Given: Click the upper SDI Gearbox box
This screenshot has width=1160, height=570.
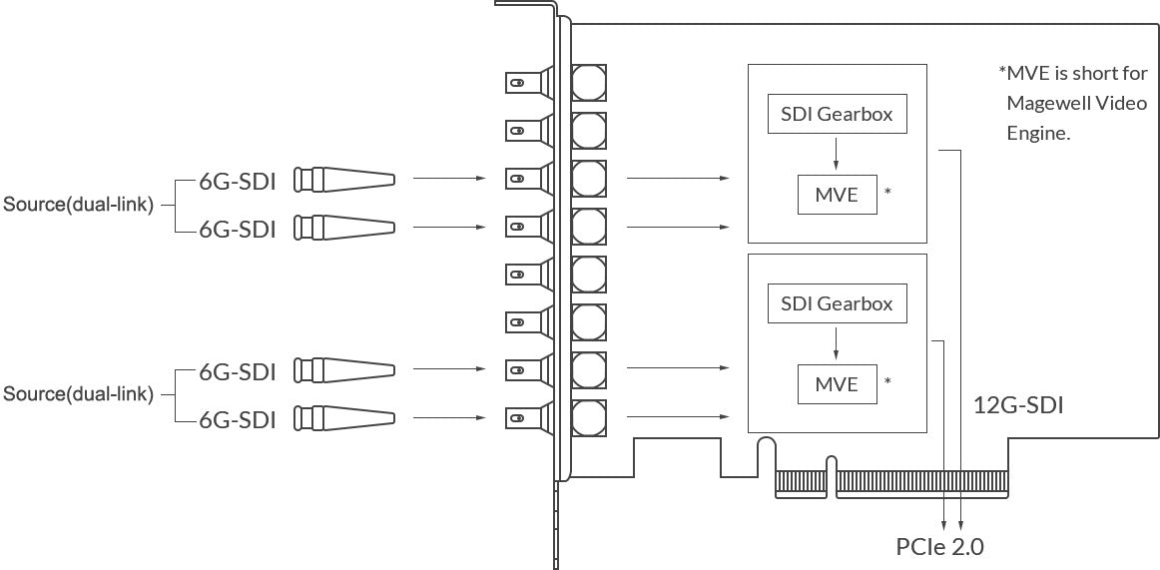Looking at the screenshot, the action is (x=838, y=114).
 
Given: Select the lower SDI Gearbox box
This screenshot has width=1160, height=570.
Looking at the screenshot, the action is (x=838, y=303).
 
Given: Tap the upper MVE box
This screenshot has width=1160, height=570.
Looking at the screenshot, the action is (x=837, y=195).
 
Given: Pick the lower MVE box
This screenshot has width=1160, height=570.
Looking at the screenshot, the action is (x=837, y=383).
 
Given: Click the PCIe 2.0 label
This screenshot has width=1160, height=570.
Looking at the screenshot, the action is (x=939, y=547).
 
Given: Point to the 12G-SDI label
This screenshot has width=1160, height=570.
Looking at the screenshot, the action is (x=1018, y=405).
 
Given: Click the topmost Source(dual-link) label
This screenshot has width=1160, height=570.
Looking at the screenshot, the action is (x=79, y=205).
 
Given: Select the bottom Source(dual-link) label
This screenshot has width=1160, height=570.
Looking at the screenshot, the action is (x=79, y=394).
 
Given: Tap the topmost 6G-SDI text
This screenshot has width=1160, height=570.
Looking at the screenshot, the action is (x=237, y=181).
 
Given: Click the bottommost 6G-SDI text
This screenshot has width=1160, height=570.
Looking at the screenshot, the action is (x=237, y=420).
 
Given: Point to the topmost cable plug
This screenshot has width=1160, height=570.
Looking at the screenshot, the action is (x=344, y=179).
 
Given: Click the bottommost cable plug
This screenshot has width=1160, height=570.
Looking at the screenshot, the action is (x=344, y=418).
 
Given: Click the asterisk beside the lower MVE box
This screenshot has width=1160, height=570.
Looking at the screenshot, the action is (x=887, y=381).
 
